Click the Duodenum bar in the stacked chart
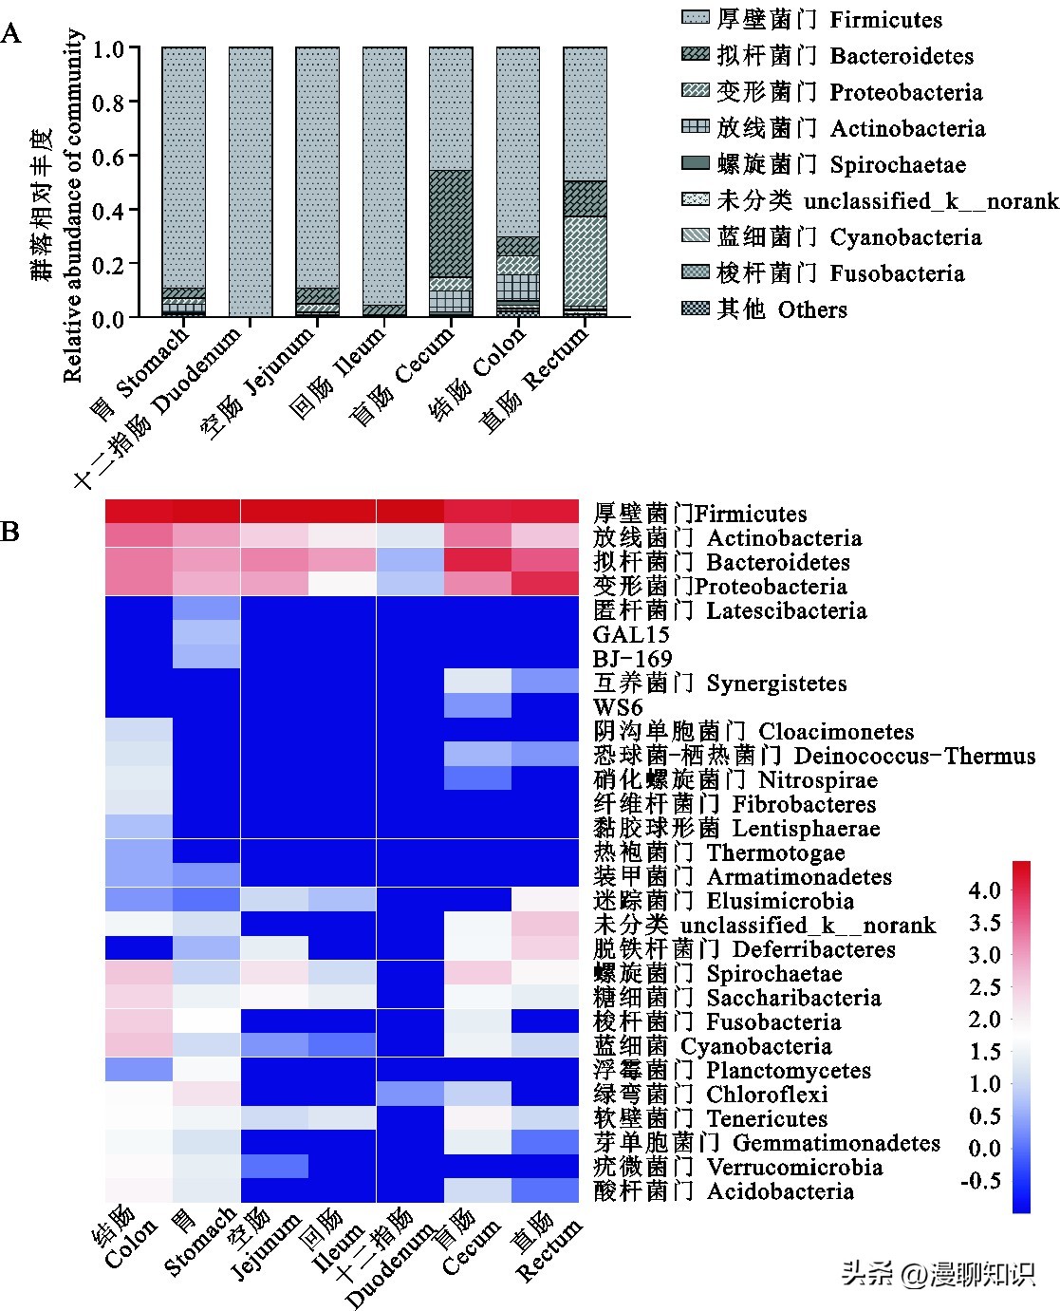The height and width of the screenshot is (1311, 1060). (x=251, y=181)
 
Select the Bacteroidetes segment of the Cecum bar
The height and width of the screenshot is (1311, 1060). (x=451, y=223)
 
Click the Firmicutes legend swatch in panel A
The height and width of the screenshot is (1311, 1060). (x=696, y=18)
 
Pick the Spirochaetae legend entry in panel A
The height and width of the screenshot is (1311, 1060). (x=840, y=164)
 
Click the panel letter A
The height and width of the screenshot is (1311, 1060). (x=11, y=35)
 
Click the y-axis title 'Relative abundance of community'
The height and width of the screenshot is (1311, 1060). (x=74, y=204)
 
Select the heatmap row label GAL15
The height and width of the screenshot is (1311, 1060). (x=631, y=634)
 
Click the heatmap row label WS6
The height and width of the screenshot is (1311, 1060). (x=618, y=707)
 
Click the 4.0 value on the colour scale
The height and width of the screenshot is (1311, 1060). (x=984, y=890)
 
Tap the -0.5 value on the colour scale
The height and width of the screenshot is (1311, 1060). (x=981, y=1180)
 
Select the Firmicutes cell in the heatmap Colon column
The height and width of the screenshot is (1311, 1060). (x=139, y=512)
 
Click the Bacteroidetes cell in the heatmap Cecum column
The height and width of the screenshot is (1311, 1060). (x=477, y=561)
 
